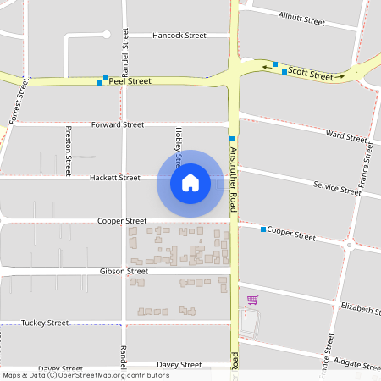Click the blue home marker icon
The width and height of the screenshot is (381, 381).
point(190,183)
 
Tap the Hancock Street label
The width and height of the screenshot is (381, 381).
point(179,36)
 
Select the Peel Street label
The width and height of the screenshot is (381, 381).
point(134,81)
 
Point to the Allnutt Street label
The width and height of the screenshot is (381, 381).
point(302,18)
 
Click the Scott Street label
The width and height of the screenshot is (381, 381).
point(311,75)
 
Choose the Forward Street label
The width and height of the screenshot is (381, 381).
point(117,124)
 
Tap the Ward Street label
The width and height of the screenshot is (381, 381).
point(345,135)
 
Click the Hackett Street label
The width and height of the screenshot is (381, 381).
point(114,178)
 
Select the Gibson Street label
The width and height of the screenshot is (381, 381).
point(124,271)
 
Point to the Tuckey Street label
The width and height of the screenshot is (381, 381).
point(45,323)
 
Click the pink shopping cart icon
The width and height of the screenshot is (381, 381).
point(251,299)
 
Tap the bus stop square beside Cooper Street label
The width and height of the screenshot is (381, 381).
point(263,229)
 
